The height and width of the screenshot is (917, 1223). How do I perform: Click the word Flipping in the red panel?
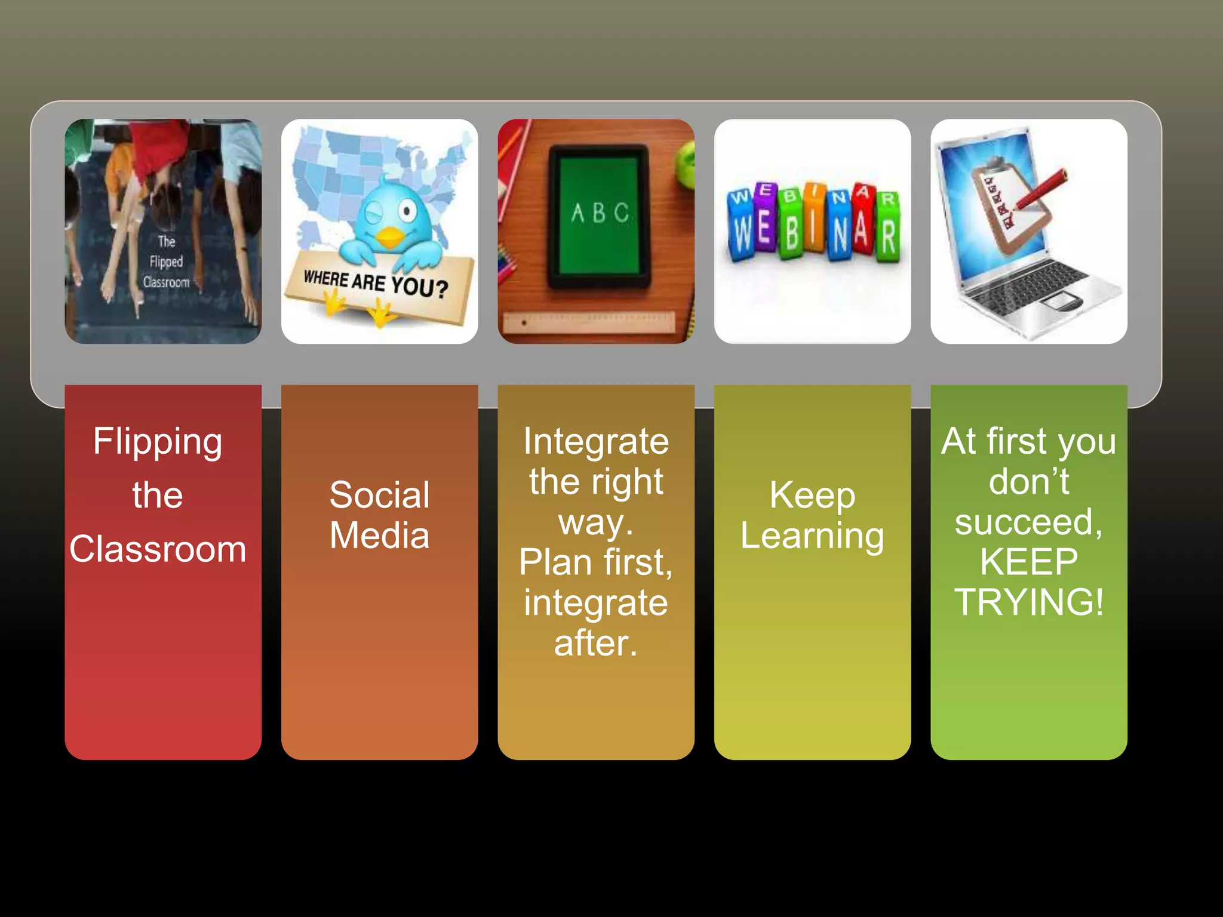coord(158,442)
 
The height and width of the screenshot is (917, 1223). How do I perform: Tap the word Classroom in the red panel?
coord(158,549)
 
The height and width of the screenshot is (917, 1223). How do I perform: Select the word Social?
coord(379,495)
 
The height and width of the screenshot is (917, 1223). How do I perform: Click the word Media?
coord(379,536)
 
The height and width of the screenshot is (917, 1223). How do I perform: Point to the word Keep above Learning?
coord(812,495)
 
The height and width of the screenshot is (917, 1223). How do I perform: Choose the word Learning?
coord(812,536)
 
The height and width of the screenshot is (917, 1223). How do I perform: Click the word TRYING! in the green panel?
coord(1029,602)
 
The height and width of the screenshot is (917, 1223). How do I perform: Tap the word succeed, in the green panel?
coord(1029,522)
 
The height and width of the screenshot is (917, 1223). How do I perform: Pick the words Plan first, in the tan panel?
coord(595,562)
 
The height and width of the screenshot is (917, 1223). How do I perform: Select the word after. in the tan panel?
coord(595,644)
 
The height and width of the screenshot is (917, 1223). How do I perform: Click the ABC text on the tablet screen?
coord(600,213)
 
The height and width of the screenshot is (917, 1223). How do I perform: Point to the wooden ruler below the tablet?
coord(588,322)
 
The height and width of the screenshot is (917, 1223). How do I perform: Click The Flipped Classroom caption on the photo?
coord(166,261)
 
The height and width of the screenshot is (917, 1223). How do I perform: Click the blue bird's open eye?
coord(408,211)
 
